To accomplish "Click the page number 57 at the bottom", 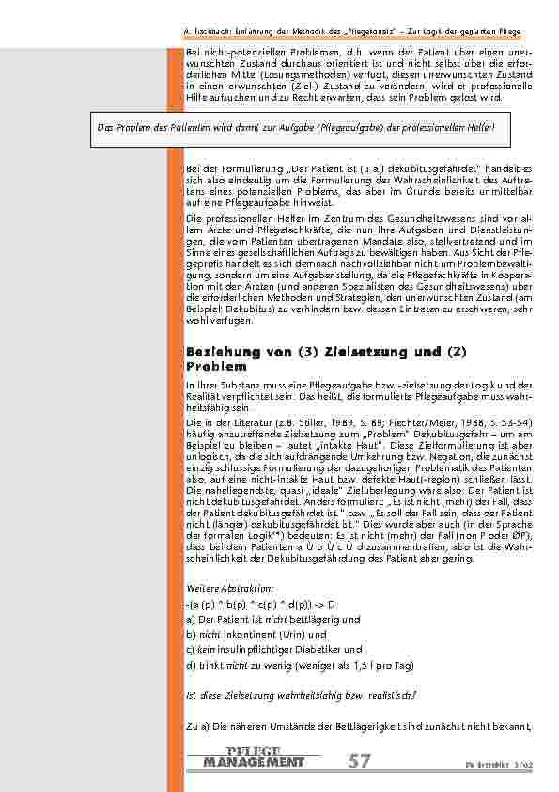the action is [x=358, y=761].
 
